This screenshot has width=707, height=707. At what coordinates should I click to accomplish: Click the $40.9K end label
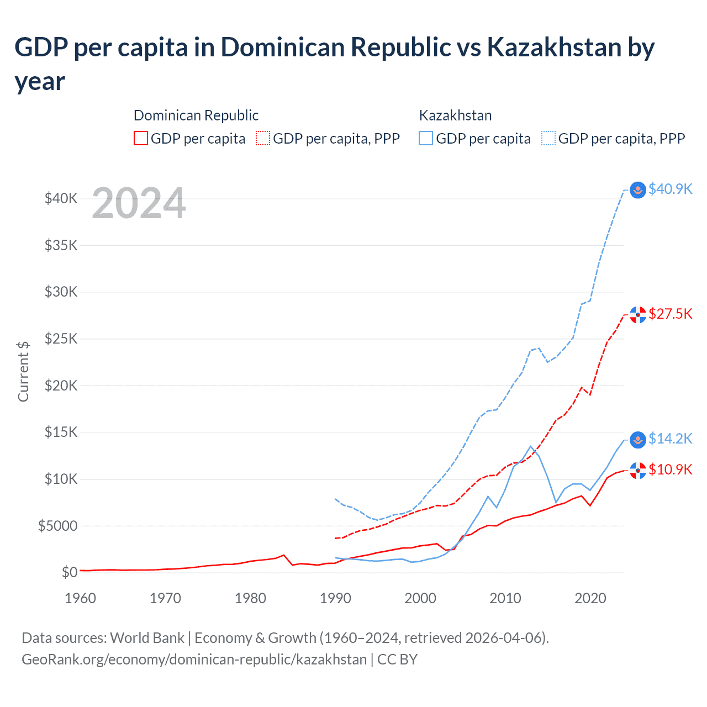coord(670,189)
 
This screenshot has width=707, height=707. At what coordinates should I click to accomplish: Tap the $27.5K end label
coord(670,314)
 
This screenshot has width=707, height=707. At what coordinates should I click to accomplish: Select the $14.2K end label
coord(670,439)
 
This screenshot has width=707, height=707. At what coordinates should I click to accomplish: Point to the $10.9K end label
coord(670,469)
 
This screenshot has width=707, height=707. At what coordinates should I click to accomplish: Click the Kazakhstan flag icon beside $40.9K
coord(638,190)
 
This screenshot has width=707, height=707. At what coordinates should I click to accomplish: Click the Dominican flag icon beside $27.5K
coord(638,315)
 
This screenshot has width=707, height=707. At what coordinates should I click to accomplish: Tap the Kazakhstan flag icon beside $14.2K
coord(638,440)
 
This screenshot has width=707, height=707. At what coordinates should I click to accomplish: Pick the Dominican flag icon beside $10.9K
coord(638,471)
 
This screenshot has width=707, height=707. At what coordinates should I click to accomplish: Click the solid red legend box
coord(141,138)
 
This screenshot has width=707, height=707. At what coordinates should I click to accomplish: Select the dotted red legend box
coord(263,138)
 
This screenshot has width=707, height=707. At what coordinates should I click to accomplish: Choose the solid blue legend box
coord(426,138)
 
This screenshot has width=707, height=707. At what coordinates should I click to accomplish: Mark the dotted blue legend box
coord(548,138)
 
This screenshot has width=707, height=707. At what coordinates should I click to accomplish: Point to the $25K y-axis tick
coord(61,339)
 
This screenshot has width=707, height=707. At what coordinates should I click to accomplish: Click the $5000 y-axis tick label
coord(57,526)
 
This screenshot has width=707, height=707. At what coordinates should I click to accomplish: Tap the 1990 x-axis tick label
coord(335,598)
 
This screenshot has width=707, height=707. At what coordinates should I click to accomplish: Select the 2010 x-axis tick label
coord(505,598)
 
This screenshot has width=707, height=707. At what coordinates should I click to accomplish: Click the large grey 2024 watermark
coord(139,203)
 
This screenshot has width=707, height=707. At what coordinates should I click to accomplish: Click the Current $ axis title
coord(23,371)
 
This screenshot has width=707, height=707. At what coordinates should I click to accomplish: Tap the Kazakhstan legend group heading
coord(455,115)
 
